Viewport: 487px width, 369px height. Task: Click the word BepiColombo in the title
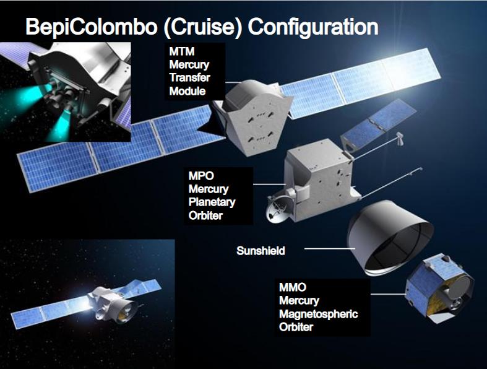pyautogui.click(x=92, y=27)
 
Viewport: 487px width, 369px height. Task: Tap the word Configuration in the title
pyautogui.click(x=313, y=27)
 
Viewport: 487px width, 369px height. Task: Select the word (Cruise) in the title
pyautogui.click(x=202, y=27)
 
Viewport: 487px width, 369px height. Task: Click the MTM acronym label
pyautogui.click(x=182, y=51)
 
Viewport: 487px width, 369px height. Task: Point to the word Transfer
pyautogui.click(x=190, y=77)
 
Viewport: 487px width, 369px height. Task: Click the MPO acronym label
pyautogui.click(x=201, y=176)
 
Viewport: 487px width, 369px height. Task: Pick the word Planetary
pyautogui.click(x=212, y=202)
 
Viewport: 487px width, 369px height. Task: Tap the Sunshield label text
pyautogui.click(x=261, y=251)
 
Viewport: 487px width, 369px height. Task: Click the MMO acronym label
pyautogui.click(x=293, y=287)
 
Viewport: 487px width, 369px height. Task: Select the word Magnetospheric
pyautogui.click(x=318, y=314)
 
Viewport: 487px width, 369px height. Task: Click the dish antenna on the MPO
pyautogui.click(x=277, y=209)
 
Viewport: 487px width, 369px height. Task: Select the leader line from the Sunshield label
pyautogui.click(x=330, y=248)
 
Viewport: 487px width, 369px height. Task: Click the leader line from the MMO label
pyautogui.click(x=388, y=294)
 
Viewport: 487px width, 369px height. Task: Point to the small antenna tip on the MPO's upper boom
pyautogui.click(x=399, y=138)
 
